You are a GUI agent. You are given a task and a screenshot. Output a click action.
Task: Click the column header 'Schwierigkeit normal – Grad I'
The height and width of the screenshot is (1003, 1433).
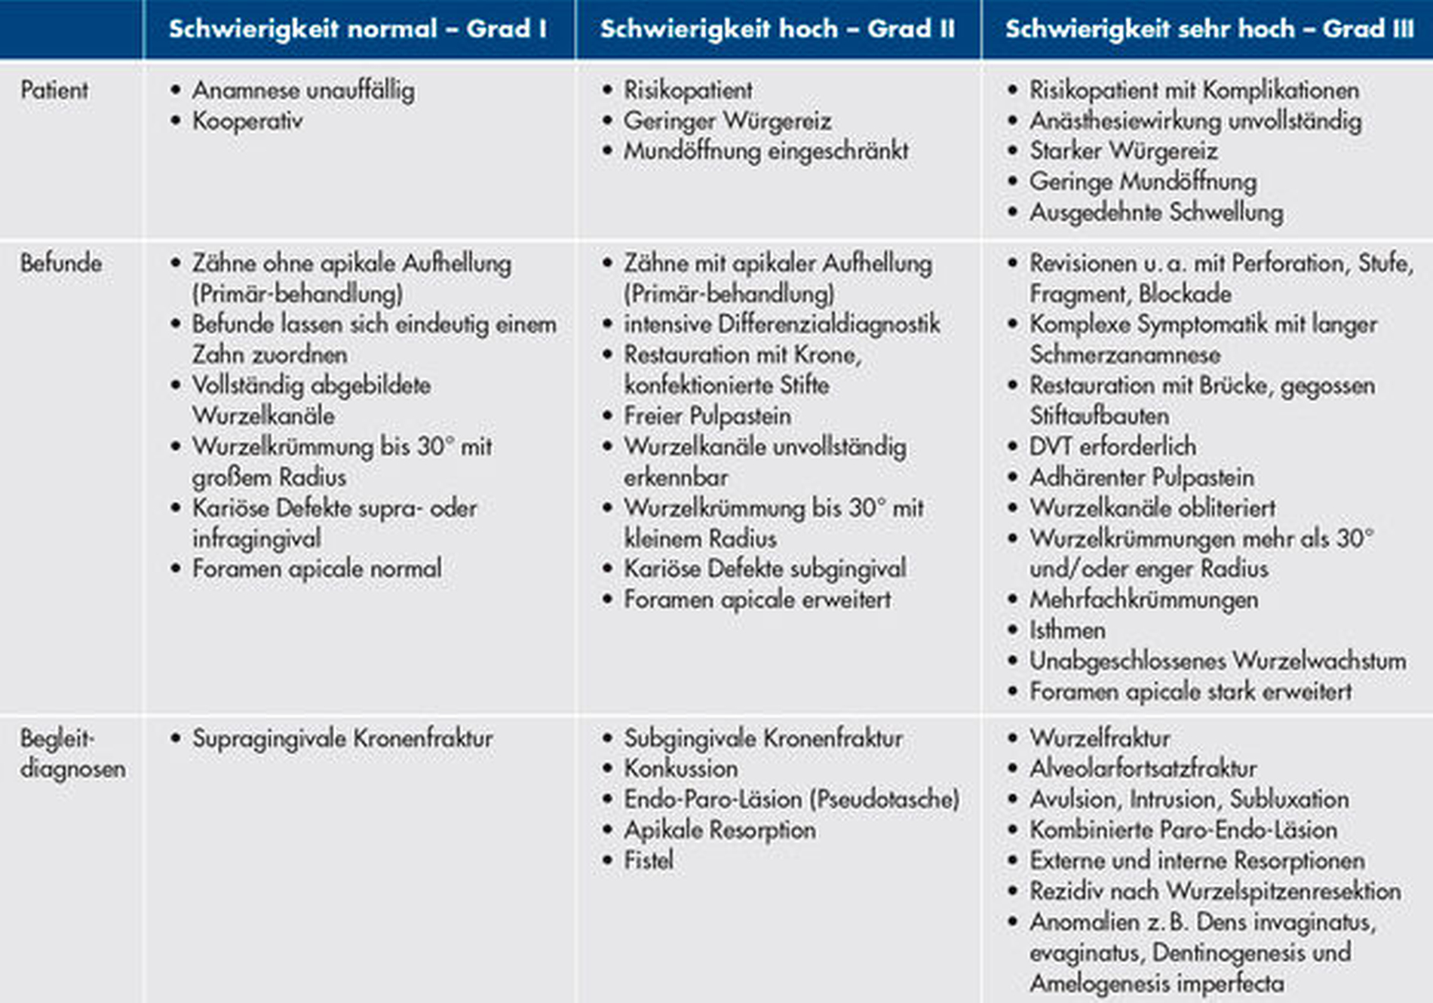click(357, 29)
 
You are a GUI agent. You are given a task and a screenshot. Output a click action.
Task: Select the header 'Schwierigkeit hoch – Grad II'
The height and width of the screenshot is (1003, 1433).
click(778, 29)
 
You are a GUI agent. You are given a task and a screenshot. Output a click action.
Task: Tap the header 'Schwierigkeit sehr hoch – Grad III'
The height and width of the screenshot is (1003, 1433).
click(1209, 29)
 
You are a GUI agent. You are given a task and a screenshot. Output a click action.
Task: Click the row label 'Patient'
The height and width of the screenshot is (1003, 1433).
click(54, 90)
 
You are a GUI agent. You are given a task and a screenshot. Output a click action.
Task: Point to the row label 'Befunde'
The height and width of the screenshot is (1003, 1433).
click(60, 263)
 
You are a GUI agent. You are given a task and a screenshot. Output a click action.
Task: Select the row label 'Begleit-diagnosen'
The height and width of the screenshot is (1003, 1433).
click(72, 753)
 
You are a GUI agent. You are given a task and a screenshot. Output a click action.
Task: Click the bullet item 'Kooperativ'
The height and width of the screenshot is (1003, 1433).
click(247, 121)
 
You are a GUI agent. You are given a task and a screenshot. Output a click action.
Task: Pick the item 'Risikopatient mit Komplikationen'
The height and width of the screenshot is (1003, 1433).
click(1194, 90)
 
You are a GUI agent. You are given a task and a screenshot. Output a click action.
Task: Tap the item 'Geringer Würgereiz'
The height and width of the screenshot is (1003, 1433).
click(727, 121)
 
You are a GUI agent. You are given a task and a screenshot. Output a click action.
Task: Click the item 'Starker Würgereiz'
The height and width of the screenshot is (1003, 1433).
click(1123, 151)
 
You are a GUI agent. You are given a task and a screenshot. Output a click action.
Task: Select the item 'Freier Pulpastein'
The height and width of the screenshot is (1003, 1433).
click(707, 416)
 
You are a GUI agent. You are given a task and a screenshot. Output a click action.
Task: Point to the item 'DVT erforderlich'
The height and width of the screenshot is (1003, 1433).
click(1112, 446)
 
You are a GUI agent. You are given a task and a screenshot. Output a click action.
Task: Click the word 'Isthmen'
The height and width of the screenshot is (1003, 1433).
click(1067, 630)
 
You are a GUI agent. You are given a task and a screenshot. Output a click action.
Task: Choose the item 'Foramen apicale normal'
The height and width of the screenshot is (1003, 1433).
click(317, 569)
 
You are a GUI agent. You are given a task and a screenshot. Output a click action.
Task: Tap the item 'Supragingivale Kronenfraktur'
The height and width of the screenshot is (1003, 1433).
click(342, 738)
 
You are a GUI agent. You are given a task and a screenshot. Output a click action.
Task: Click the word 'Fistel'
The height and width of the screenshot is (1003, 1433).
click(648, 860)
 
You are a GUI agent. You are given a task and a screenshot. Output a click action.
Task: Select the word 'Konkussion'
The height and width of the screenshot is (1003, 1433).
click(680, 768)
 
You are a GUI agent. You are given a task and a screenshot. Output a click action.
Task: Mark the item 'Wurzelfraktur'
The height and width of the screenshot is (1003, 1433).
click(1100, 738)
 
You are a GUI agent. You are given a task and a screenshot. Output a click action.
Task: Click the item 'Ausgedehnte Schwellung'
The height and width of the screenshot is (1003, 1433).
click(1156, 213)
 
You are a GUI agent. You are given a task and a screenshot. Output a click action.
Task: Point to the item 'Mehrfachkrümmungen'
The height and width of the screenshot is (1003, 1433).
click(1143, 600)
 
